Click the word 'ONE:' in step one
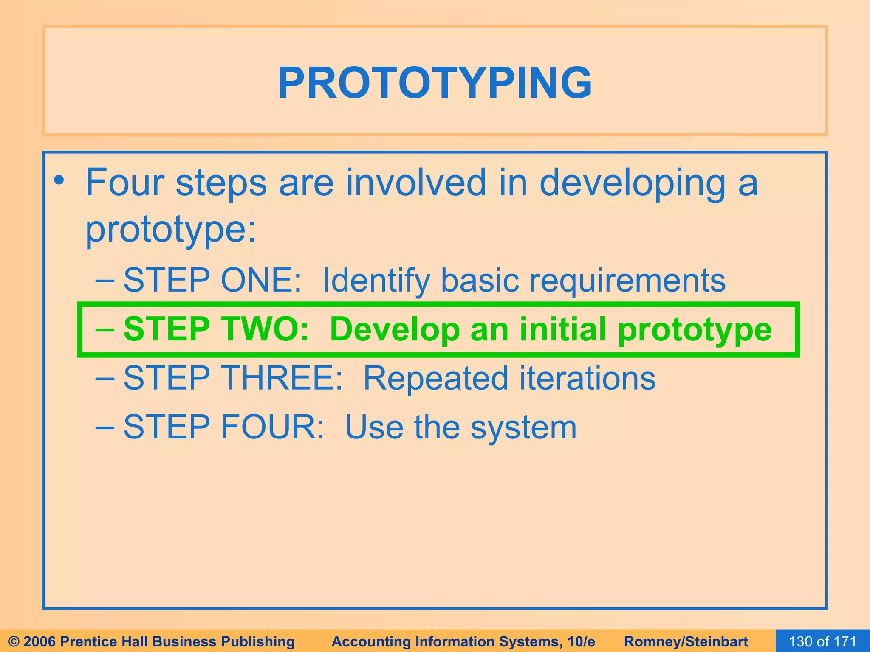(261, 280)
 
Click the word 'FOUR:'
(272, 427)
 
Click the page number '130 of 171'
(822, 641)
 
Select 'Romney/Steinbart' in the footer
(686, 641)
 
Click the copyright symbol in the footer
(14, 641)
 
